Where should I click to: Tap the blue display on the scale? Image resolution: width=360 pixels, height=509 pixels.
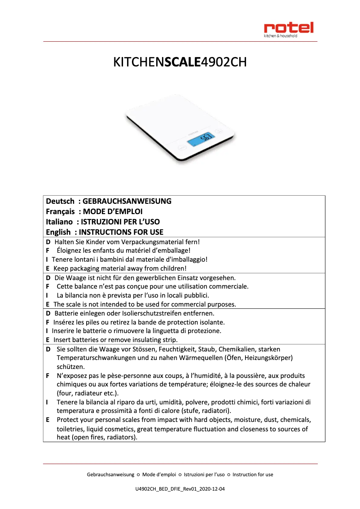201,140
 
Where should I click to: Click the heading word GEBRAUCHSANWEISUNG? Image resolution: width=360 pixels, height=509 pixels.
127,201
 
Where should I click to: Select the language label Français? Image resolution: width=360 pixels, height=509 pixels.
60,211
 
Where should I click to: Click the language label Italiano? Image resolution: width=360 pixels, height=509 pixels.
60,222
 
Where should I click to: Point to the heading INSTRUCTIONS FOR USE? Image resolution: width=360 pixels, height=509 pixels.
121,232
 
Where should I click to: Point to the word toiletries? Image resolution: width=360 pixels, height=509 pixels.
70,429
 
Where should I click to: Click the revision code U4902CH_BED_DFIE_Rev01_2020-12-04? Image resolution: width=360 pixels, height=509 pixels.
180,488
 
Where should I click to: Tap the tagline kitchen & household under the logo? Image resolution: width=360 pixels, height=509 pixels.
280,36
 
